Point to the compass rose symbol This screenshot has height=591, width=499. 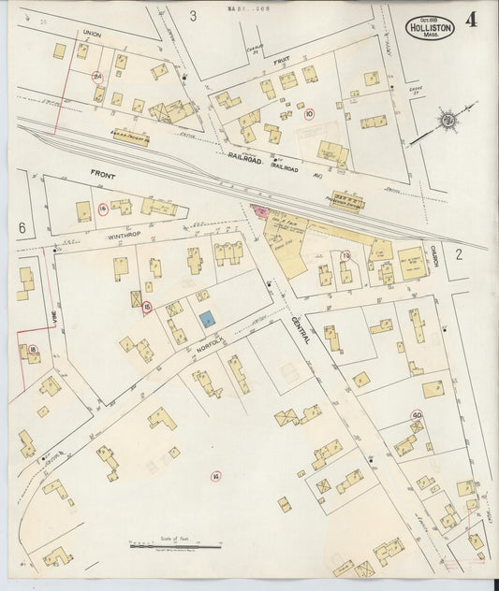(448, 120)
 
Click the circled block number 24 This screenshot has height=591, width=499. (97, 76)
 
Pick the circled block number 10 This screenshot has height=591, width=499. (310, 114)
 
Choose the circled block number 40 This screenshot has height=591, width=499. (416, 415)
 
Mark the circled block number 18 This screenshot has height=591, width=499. (34, 350)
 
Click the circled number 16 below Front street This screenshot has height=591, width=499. (102, 209)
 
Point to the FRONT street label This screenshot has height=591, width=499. (104, 174)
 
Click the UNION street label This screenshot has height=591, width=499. (91, 33)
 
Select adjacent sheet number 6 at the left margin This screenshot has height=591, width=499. (21, 227)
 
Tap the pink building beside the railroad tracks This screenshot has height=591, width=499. (259, 212)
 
